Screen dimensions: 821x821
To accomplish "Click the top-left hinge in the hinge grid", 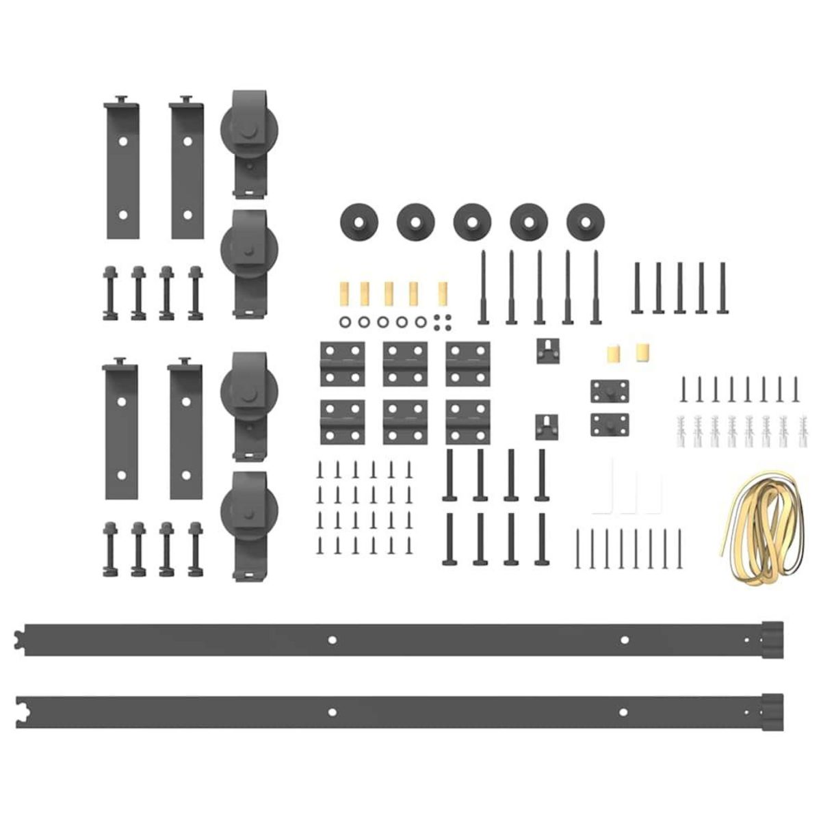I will click(341, 363).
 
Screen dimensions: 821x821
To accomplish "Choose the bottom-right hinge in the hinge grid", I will click(467, 421).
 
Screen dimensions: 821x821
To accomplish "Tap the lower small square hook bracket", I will click(549, 428).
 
